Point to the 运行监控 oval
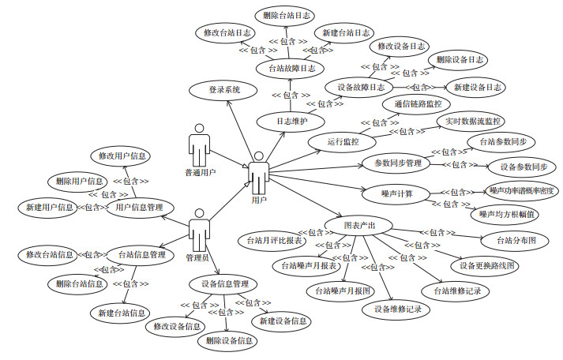click(x=343, y=142)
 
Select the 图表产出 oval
click(x=359, y=226)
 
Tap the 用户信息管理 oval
click(x=139, y=208)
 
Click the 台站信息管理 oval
click(x=141, y=254)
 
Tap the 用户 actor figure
click(x=258, y=174)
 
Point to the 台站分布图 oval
click(x=516, y=239)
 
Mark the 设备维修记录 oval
click(x=398, y=309)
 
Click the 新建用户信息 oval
click(x=49, y=208)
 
